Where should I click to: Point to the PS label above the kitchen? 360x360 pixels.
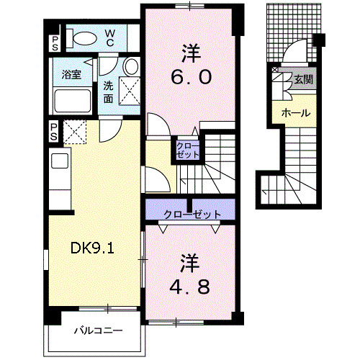click(55, 131)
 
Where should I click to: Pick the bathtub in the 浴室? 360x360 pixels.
click(71, 99)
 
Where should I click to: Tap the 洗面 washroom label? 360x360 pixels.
click(108, 91)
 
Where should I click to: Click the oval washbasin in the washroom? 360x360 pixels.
click(130, 68)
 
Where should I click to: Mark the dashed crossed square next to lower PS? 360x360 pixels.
click(74, 132)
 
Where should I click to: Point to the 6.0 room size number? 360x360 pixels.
click(190, 76)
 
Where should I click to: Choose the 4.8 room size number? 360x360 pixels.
click(190, 286)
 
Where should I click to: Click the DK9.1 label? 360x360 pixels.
click(94, 248)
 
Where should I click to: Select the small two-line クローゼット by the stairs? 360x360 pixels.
click(186, 150)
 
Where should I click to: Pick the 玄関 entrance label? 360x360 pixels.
click(302, 80)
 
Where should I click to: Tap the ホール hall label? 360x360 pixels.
click(295, 113)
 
